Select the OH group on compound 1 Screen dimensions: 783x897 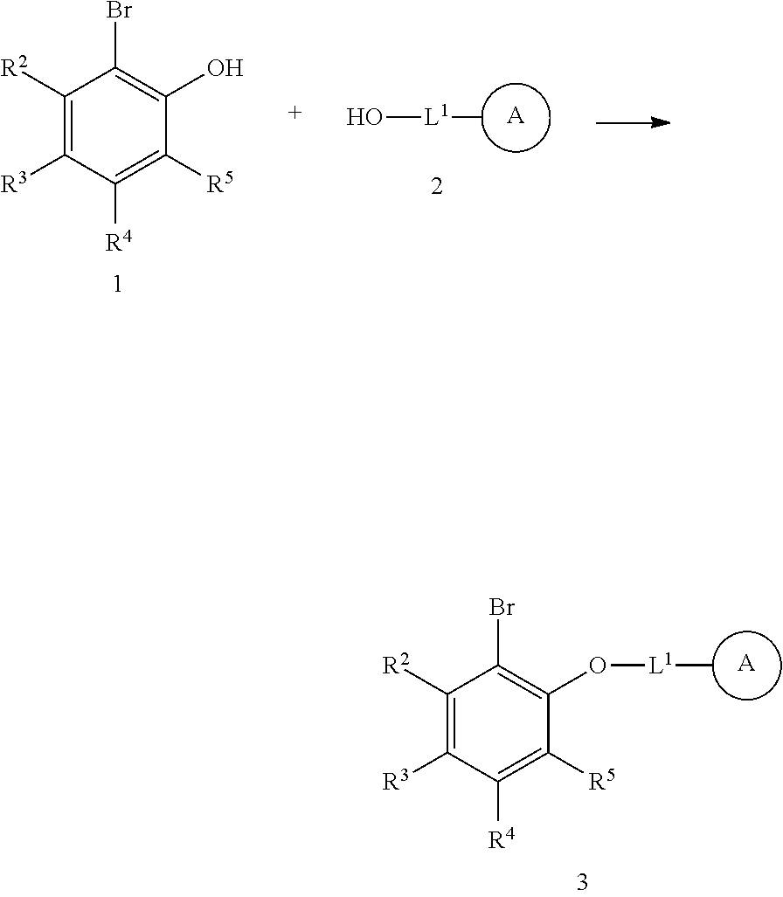pos(225,69)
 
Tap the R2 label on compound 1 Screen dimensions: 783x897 pos(15,68)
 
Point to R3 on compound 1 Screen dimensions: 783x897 pos(15,183)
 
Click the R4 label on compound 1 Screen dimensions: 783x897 pos(119,241)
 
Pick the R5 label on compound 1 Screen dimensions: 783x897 pos(219,183)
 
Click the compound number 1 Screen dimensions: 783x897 pos(117,285)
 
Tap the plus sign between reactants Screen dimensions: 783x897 pos(295,113)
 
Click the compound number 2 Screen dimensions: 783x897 pos(437,187)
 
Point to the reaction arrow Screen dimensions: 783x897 pos(633,123)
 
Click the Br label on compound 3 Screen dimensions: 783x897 pos(501,608)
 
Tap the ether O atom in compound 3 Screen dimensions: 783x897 pos(598,666)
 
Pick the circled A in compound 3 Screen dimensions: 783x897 pos(746,665)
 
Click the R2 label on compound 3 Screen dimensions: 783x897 pos(398,666)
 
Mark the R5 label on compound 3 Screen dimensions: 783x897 pos(601,781)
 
